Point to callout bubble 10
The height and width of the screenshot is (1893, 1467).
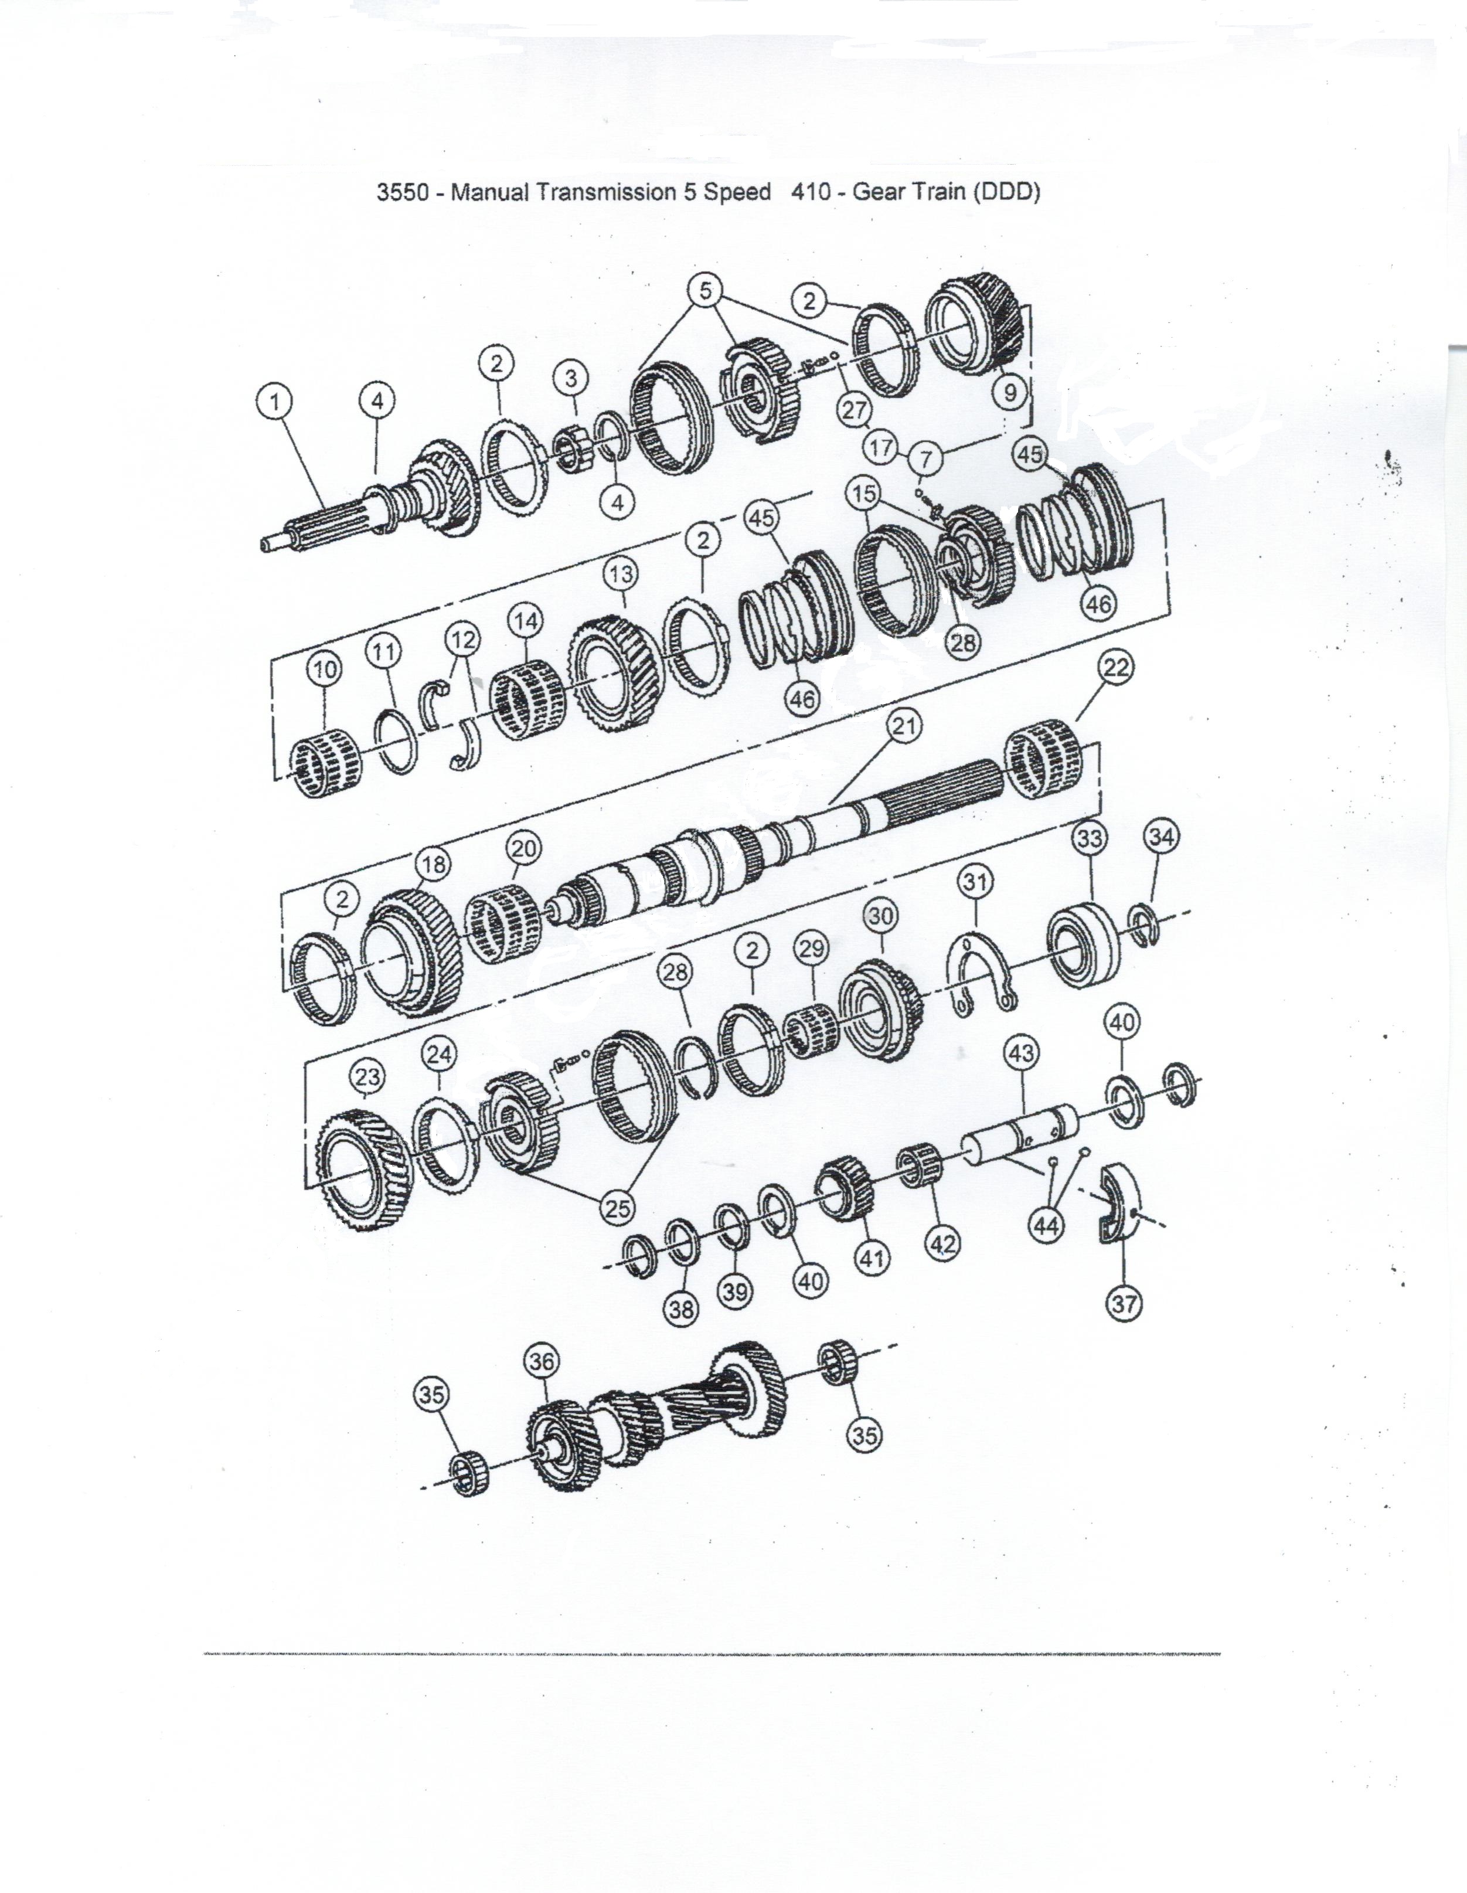(x=324, y=668)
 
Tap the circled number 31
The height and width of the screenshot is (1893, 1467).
(x=976, y=882)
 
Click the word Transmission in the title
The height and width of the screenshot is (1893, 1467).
(x=610, y=192)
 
